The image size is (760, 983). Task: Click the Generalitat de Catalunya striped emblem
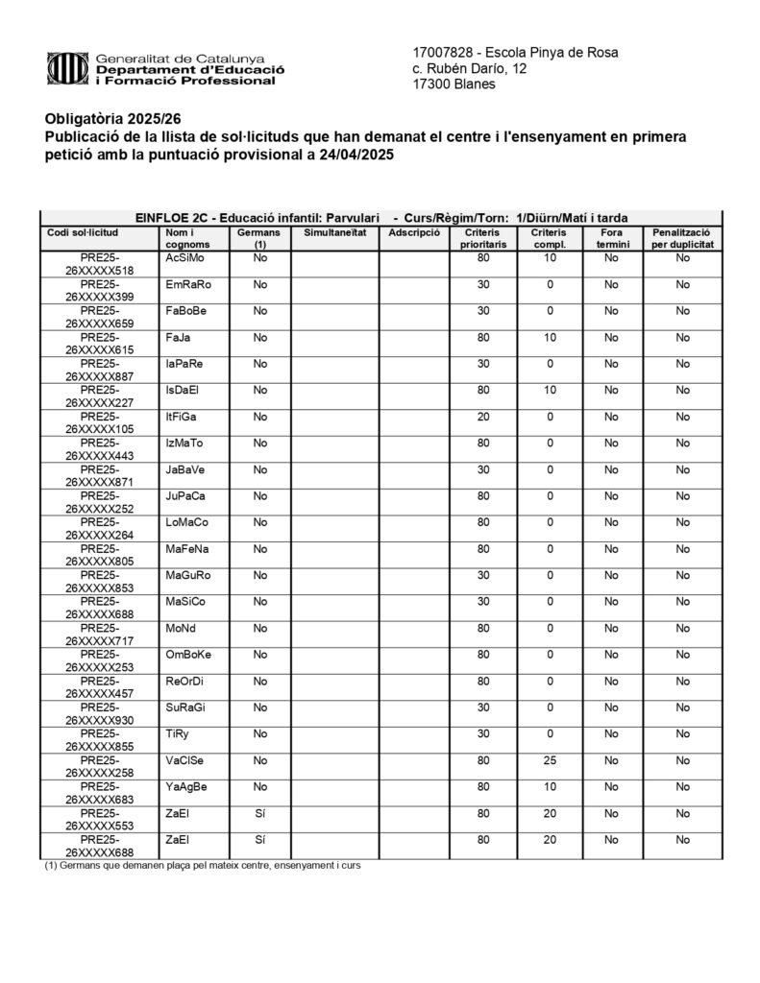[68, 68]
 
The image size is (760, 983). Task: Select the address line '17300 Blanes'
[454, 84]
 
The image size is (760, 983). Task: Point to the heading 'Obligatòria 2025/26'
[112, 119]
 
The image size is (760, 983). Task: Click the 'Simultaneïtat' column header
[334, 233]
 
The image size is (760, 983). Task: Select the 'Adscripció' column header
[415, 233]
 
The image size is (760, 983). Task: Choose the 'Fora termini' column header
[611, 239]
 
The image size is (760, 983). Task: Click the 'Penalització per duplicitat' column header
[681, 239]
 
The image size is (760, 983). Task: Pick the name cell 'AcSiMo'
[184, 259]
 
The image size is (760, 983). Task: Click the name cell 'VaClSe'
[184, 761]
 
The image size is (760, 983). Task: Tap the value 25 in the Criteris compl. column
[550, 761]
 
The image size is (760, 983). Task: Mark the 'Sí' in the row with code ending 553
[259, 814]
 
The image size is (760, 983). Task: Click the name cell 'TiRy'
[176, 735]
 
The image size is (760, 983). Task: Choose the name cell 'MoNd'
[180, 630]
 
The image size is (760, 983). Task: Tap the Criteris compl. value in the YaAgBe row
[550, 787]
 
